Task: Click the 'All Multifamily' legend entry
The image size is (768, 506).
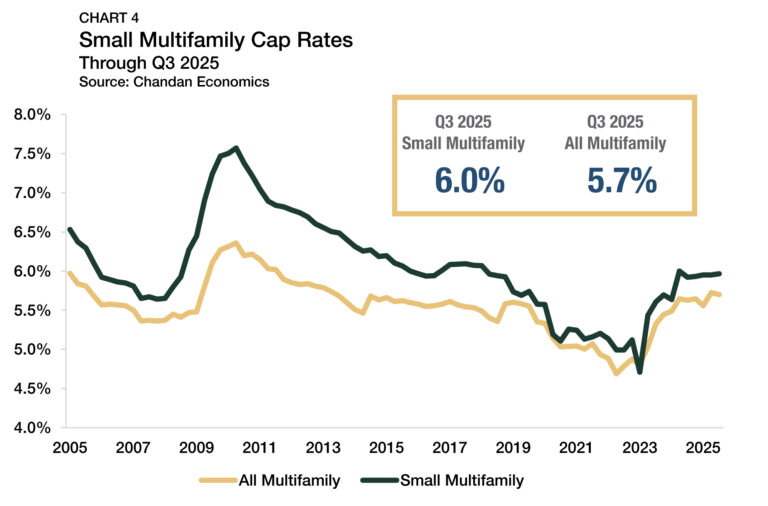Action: (x=270, y=481)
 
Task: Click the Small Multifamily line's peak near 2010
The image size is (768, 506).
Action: (x=236, y=148)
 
